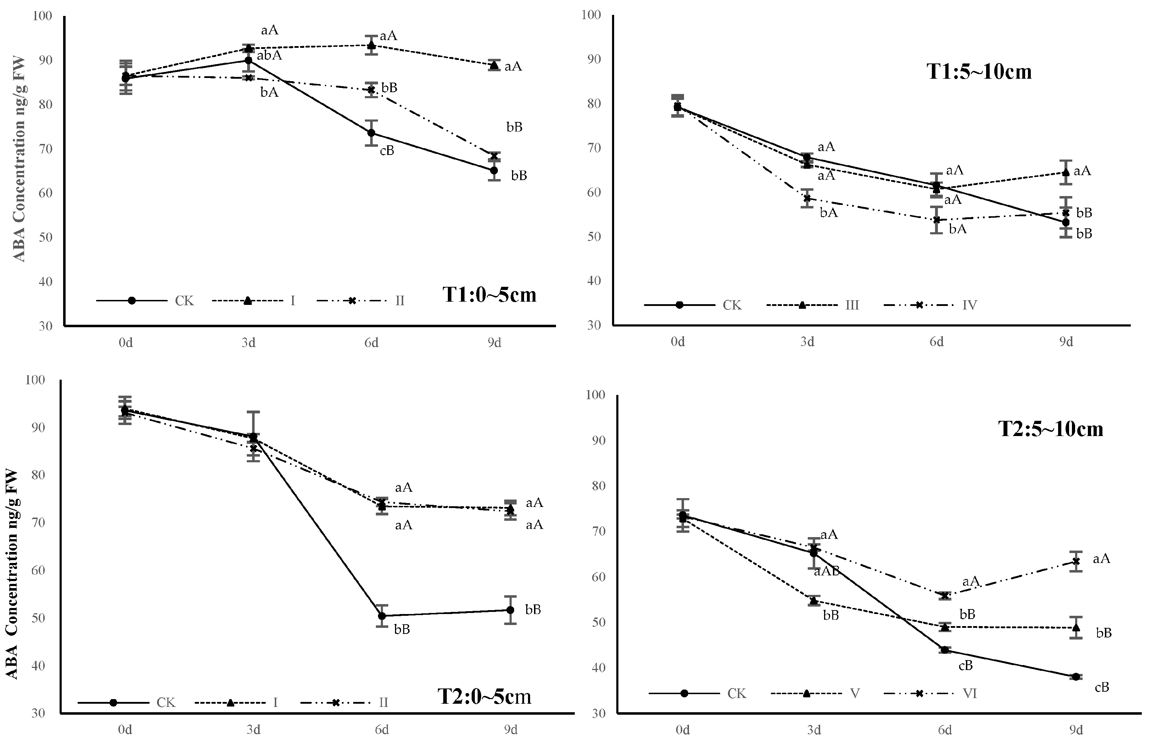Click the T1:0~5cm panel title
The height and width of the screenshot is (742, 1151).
click(x=489, y=295)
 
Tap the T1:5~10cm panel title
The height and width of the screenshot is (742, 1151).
click(x=979, y=72)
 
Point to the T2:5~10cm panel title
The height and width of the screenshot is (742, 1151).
click(x=1050, y=429)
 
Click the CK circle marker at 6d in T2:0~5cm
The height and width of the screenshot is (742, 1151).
click(x=382, y=616)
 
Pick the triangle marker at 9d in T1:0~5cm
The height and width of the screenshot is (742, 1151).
click(x=494, y=65)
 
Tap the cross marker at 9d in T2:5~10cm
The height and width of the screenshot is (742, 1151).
click(x=1076, y=561)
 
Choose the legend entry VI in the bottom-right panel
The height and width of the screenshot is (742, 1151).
click(x=969, y=694)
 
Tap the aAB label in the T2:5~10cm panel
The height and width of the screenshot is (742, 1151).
click(x=827, y=571)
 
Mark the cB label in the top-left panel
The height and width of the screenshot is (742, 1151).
click(x=387, y=151)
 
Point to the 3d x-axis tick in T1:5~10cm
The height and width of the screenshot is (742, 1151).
click(x=807, y=342)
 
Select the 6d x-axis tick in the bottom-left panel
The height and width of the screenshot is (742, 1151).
click(x=382, y=730)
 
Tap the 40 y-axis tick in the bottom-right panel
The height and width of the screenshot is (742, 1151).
click(x=598, y=668)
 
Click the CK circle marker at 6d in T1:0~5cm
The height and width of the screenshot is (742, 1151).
click(x=371, y=133)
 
